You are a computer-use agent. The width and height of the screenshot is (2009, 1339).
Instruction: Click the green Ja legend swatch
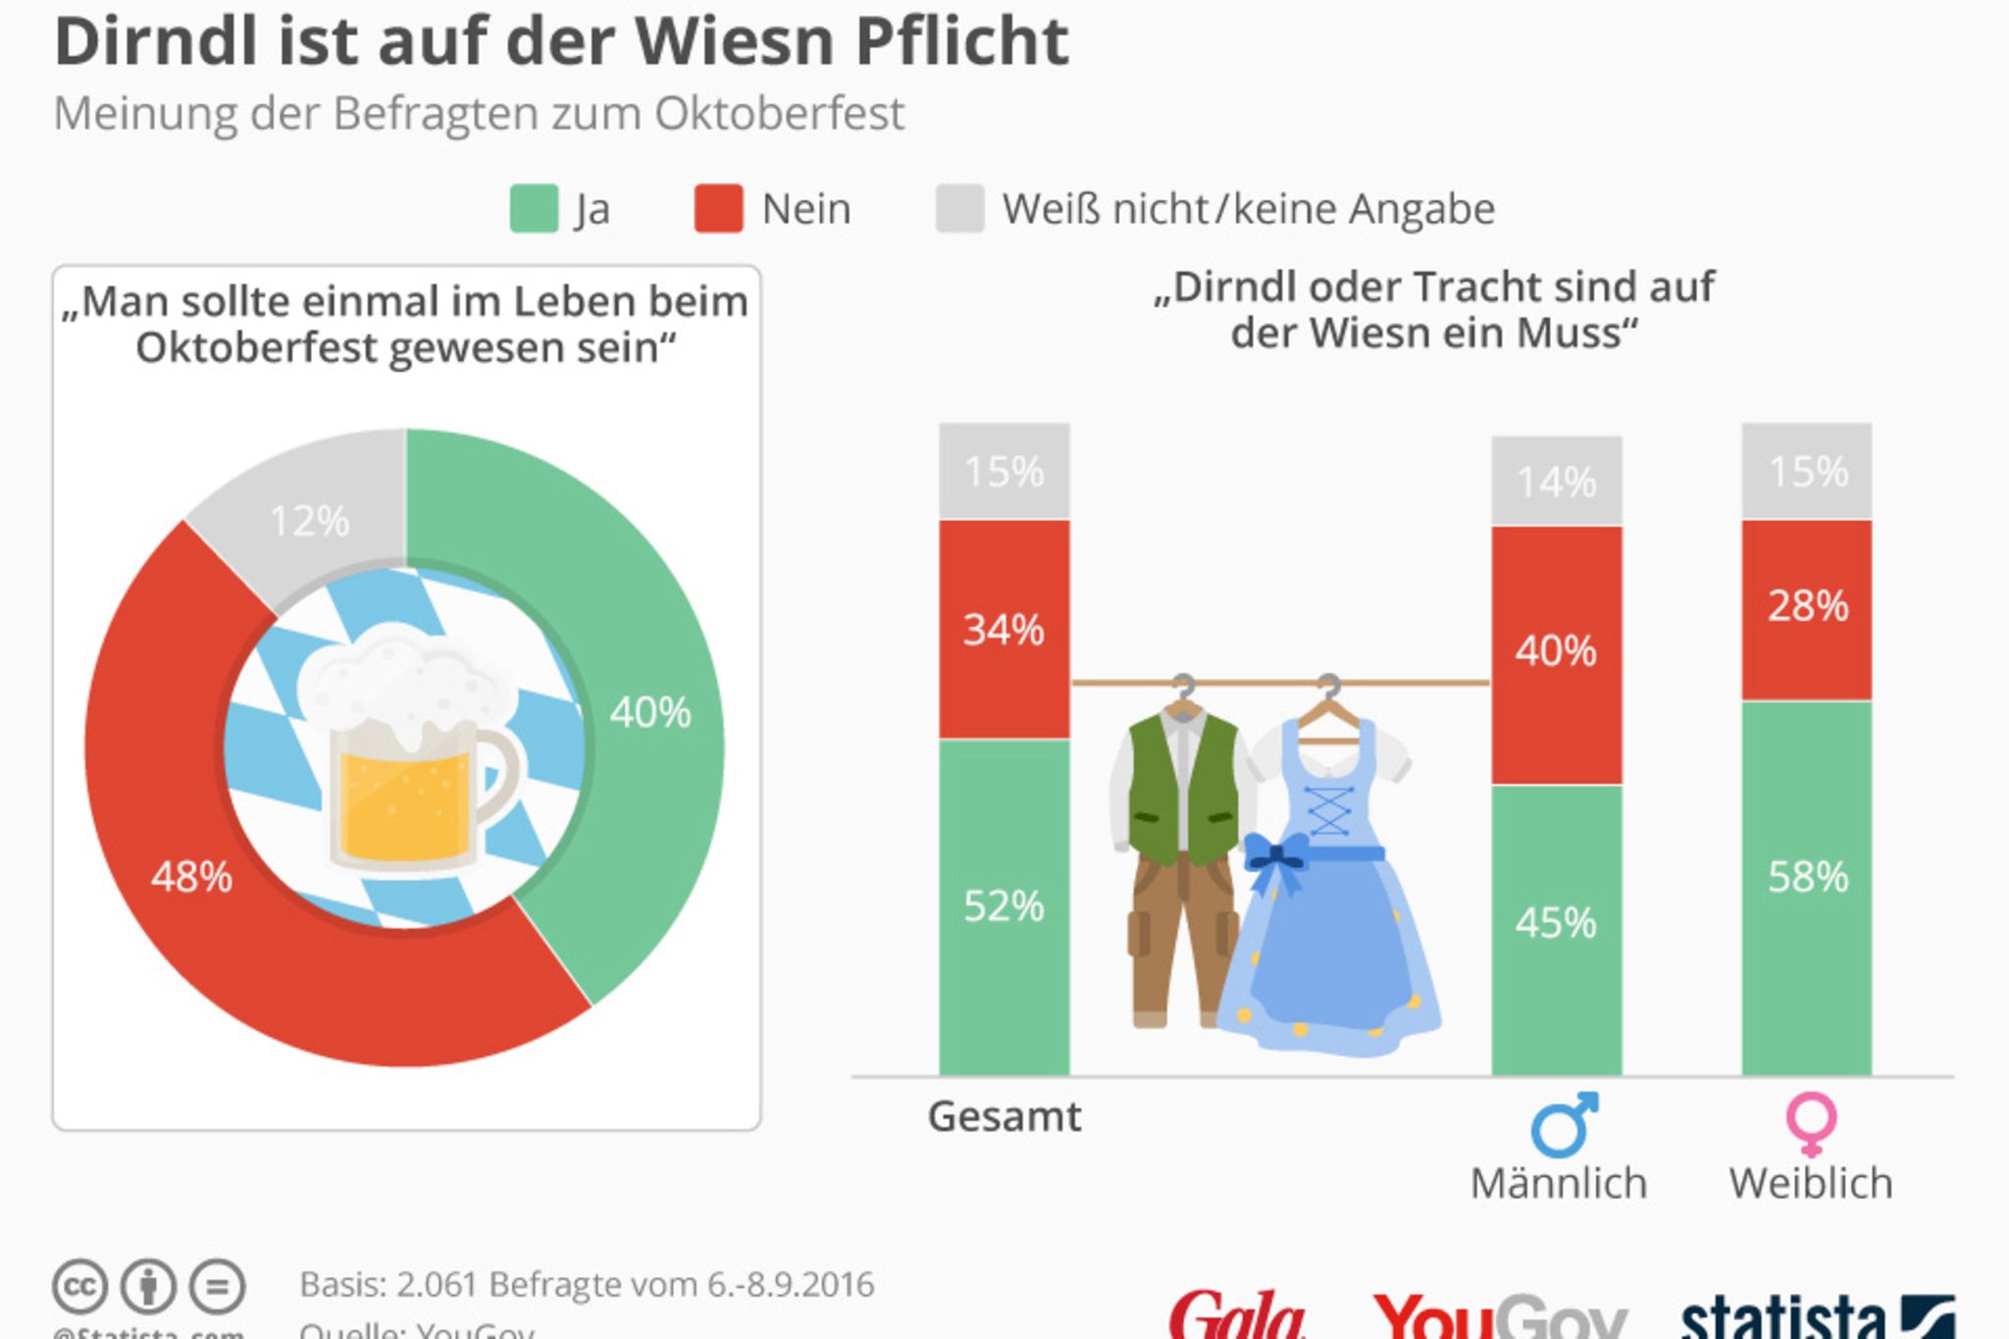click(534, 209)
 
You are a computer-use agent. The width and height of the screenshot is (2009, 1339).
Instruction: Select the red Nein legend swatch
click(718, 209)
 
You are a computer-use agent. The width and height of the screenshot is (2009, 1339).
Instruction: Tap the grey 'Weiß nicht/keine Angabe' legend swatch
click(959, 209)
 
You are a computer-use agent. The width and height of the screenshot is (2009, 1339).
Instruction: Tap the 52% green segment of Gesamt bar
click(1004, 906)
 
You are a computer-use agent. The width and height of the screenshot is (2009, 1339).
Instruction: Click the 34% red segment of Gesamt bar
click(1004, 629)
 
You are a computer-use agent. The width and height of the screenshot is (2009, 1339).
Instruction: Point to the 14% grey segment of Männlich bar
click(1556, 481)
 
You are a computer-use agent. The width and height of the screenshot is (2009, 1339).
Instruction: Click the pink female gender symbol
click(1811, 1124)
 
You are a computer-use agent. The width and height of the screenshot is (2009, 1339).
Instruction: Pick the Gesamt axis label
click(1004, 1116)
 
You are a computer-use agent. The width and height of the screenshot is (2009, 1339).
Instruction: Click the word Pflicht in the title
click(961, 42)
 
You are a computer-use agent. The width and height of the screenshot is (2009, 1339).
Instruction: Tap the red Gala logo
click(1238, 1314)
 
